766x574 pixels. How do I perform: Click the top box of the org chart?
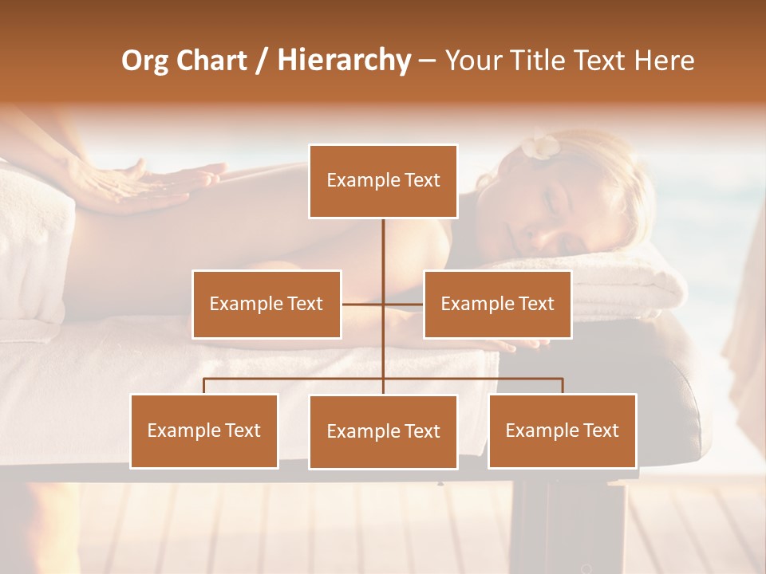point(383,181)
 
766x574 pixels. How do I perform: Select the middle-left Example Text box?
point(267,304)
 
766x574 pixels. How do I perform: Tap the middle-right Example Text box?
point(497,304)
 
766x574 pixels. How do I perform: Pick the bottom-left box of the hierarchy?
point(204,431)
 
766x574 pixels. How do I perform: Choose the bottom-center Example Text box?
point(383,431)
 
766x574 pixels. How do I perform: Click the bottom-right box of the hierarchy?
point(563,431)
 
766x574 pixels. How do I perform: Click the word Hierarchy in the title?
point(344,61)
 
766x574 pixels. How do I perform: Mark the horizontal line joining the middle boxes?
point(382,304)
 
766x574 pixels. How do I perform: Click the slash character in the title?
point(262,61)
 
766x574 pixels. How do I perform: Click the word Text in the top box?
point(422,180)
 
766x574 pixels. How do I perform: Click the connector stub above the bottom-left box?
point(204,386)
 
